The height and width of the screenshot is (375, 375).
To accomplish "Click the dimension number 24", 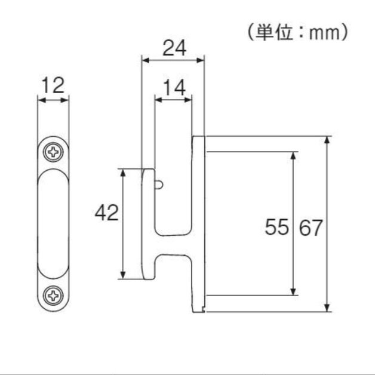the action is [x=174, y=48].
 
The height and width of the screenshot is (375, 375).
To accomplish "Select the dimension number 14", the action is [x=174, y=88].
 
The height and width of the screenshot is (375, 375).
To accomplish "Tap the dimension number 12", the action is [x=53, y=85].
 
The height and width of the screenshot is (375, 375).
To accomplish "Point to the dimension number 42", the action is [x=107, y=213].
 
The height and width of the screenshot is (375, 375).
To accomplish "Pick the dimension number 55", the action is [x=276, y=227].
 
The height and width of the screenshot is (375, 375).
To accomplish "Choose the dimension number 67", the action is [x=311, y=228].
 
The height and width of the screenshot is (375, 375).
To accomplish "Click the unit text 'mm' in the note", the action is [x=324, y=33].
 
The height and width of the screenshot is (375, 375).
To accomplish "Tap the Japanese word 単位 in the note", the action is [x=274, y=32].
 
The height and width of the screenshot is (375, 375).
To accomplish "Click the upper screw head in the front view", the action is [x=53, y=152].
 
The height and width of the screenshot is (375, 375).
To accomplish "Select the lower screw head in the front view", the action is [x=53, y=296].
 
